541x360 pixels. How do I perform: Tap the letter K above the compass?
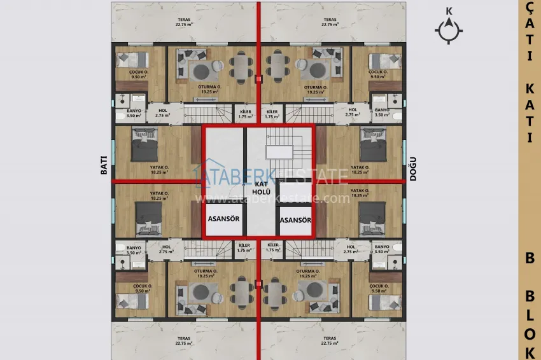coord(449,10)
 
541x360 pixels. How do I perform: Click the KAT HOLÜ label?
coord(262,187)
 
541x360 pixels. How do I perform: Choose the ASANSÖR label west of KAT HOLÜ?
coord(224,221)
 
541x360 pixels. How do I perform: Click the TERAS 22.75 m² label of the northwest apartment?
coord(184,22)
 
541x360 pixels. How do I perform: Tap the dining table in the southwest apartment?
coord(241,293)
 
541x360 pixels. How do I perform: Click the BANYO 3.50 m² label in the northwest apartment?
coord(132,112)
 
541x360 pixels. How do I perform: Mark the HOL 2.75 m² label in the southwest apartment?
coord(167,249)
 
